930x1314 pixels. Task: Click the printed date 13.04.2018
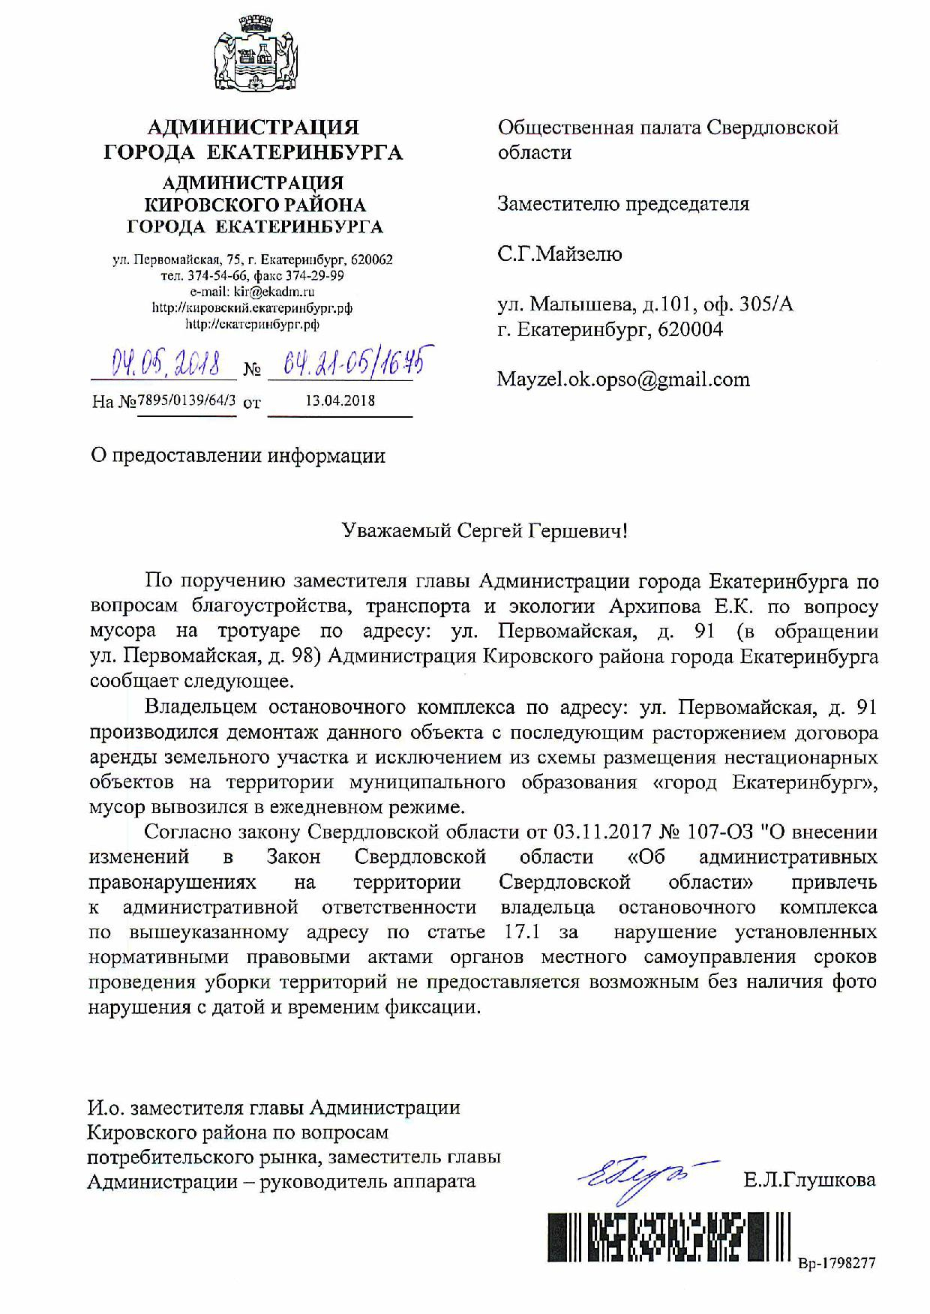340,400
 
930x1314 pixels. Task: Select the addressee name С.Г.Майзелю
559,253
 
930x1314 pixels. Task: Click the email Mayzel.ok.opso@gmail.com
623,379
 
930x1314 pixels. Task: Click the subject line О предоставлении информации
238,455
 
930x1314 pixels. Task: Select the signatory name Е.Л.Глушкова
809,1180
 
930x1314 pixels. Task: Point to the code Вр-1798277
836,1263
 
